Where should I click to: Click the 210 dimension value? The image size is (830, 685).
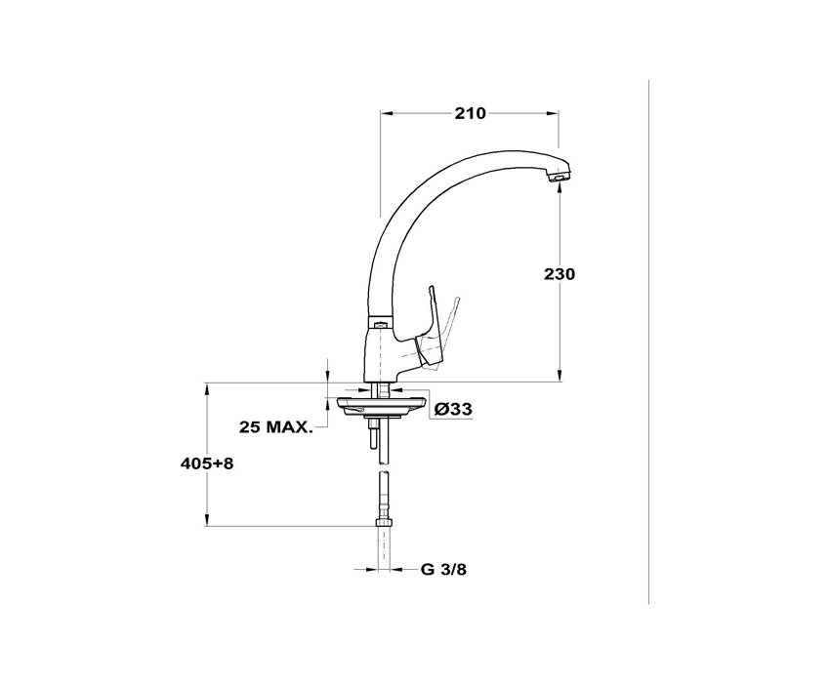pyautogui.click(x=470, y=113)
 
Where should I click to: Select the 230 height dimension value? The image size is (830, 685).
pyautogui.click(x=559, y=274)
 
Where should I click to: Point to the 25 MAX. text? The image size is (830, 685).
pyautogui.click(x=275, y=426)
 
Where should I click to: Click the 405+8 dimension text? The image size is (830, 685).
pyautogui.click(x=207, y=463)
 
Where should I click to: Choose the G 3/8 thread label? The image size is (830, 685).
pyautogui.click(x=443, y=570)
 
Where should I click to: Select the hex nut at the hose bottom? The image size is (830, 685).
pyautogui.click(x=384, y=523)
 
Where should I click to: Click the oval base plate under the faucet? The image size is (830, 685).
pyautogui.click(x=377, y=406)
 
